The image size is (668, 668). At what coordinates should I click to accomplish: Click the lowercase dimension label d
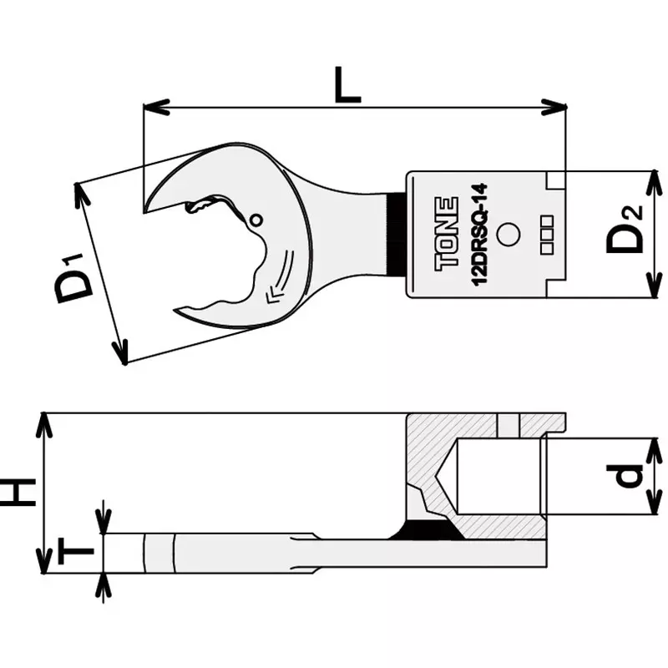tap(632, 476)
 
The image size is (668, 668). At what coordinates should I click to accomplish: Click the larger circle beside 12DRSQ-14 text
tap(507, 236)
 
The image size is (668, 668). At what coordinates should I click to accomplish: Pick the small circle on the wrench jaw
tap(256, 220)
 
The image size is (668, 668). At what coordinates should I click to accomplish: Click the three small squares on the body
tap(547, 235)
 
